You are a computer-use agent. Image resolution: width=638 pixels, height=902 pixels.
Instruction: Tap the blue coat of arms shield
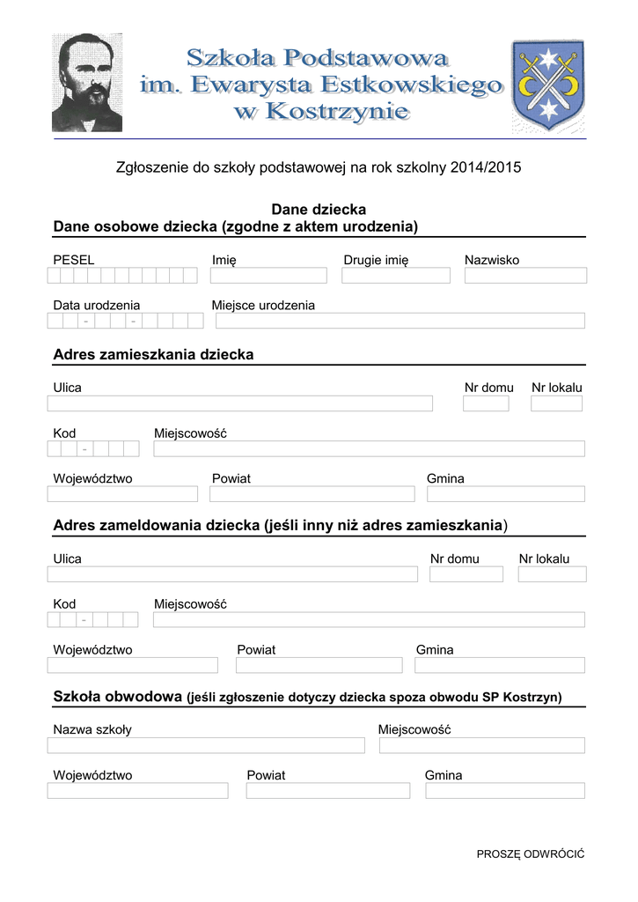point(547,85)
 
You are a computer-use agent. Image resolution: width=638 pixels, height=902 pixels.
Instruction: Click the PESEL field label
point(73,260)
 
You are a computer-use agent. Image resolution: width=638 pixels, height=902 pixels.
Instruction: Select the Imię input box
point(268,276)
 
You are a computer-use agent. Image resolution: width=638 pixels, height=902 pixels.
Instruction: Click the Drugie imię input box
point(395,276)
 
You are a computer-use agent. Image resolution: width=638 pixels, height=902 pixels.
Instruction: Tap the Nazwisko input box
point(524,276)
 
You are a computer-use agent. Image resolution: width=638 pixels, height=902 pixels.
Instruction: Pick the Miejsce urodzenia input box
point(400,321)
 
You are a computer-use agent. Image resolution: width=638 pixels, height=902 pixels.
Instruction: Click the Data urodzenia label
point(96,306)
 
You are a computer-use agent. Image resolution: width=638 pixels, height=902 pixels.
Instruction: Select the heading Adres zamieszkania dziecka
point(153,355)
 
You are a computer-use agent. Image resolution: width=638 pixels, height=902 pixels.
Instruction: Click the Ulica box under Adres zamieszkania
point(239,403)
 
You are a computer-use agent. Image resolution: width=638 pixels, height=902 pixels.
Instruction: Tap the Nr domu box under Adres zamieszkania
point(486,403)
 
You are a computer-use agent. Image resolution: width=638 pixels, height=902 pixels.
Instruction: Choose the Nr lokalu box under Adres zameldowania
point(552,574)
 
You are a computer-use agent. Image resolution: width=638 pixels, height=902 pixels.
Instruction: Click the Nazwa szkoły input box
point(206,745)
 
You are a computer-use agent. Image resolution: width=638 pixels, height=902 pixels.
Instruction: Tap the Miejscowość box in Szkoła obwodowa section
point(481,745)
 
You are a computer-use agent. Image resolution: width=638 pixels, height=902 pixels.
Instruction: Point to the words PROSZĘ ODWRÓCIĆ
point(530,854)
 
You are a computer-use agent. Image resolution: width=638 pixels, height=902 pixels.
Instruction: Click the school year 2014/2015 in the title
point(485,167)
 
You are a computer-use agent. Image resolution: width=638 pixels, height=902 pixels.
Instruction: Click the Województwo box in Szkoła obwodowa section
point(137,790)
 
